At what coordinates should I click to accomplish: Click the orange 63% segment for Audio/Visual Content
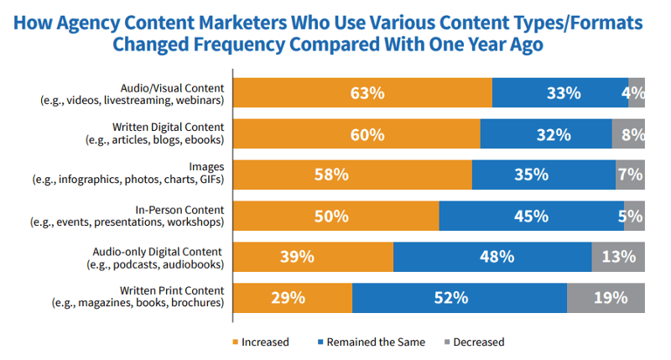coord(362,92)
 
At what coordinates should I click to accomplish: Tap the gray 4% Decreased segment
coord(636,92)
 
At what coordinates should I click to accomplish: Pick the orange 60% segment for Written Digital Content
coord(356,133)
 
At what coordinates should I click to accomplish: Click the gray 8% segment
coord(628,133)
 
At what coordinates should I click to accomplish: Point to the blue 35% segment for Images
coord(544,175)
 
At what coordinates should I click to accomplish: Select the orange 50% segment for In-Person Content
coord(335,216)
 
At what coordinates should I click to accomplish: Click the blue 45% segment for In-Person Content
coord(531,216)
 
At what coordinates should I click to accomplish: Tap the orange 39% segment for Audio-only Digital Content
coord(313,257)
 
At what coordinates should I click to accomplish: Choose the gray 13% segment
coord(618,257)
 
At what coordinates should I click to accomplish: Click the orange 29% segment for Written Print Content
coord(292,298)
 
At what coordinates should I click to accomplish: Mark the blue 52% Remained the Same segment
coord(460,298)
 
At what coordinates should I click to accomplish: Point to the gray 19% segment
coord(606,298)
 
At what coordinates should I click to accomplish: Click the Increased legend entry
coord(261,342)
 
